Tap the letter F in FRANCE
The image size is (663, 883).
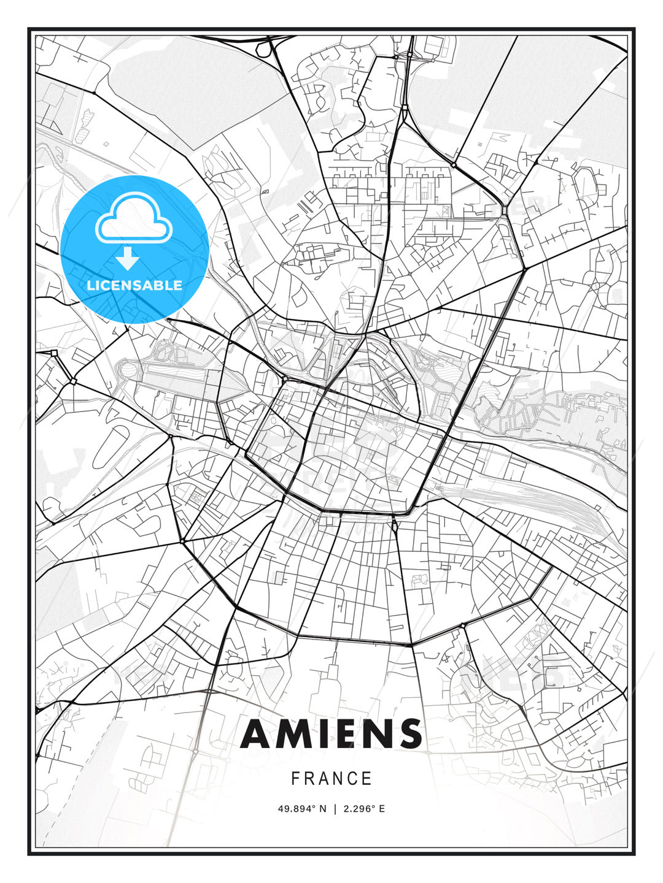pos(295,779)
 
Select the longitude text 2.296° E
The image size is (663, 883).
pos(365,809)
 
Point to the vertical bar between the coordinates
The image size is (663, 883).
pos(335,809)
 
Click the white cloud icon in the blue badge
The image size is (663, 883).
pos(134,220)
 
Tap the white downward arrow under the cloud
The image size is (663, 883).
pos(128,259)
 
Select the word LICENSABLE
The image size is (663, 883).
pos(134,286)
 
